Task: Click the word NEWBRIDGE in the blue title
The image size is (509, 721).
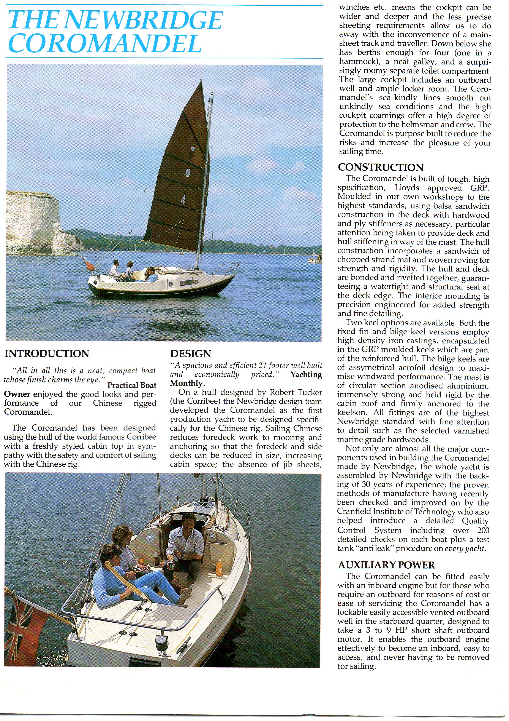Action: pyautogui.click(x=143, y=20)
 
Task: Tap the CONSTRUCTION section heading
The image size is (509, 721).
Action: pyautogui.click(x=380, y=167)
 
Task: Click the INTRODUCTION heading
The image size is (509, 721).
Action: pyautogui.click(x=47, y=354)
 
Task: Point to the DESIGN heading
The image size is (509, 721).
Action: pyautogui.click(x=191, y=354)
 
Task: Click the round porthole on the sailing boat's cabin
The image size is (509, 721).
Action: pyautogui.click(x=171, y=284)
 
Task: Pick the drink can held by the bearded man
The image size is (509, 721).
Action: pyautogui.click(x=171, y=565)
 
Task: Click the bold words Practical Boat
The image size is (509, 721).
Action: pyautogui.click(x=132, y=385)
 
